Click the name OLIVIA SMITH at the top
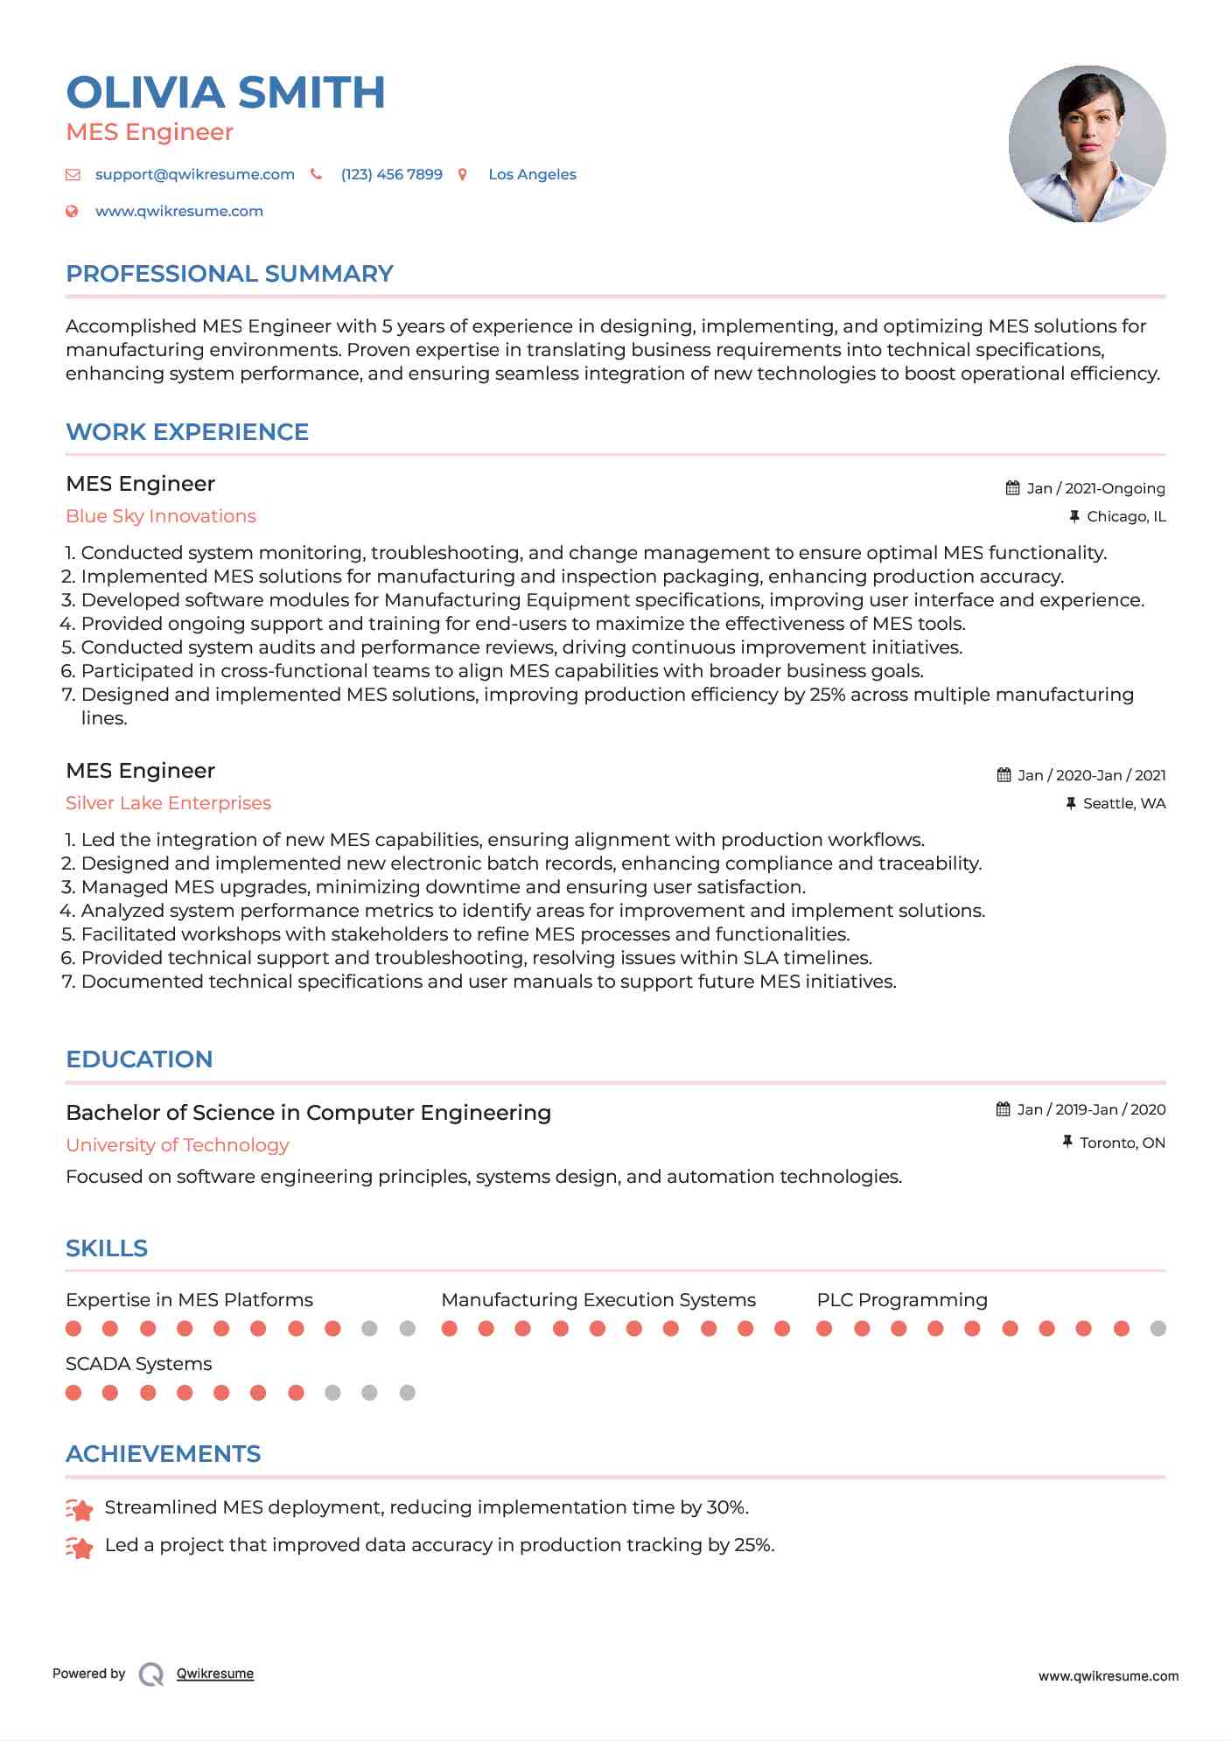pyautogui.click(x=226, y=93)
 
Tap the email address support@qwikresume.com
pyautogui.click(x=194, y=174)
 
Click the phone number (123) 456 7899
pyautogui.click(x=391, y=174)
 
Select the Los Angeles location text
pyautogui.click(x=532, y=174)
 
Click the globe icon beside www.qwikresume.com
pyautogui.click(x=73, y=211)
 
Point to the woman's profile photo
pyautogui.click(x=1087, y=143)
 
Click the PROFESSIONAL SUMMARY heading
pyautogui.click(x=229, y=274)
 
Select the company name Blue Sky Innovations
pyautogui.click(x=161, y=516)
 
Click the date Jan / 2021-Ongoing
pyautogui.click(x=1095, y=488)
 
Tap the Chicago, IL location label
pyautogui.click(x=1126, y=516)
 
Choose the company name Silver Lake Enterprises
pyautogui.click(x=168, y=803)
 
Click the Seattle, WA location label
pyautogui.click(x=1124, y=803)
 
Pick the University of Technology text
pyautogui.click(x=177, y=1145)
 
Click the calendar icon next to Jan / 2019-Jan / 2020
pyautogui.click(x=1004, y=1109)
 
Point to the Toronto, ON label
pyautogui.click(x=1123, y=1143)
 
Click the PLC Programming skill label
pyautogui.click(x=902, y=1300)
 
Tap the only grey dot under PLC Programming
pyautogui.click(x=1158, y=1329)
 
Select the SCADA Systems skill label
pyautogui.click(x=138, y=1364)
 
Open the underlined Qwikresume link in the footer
pyautogui.click(x=215, y=1674)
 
